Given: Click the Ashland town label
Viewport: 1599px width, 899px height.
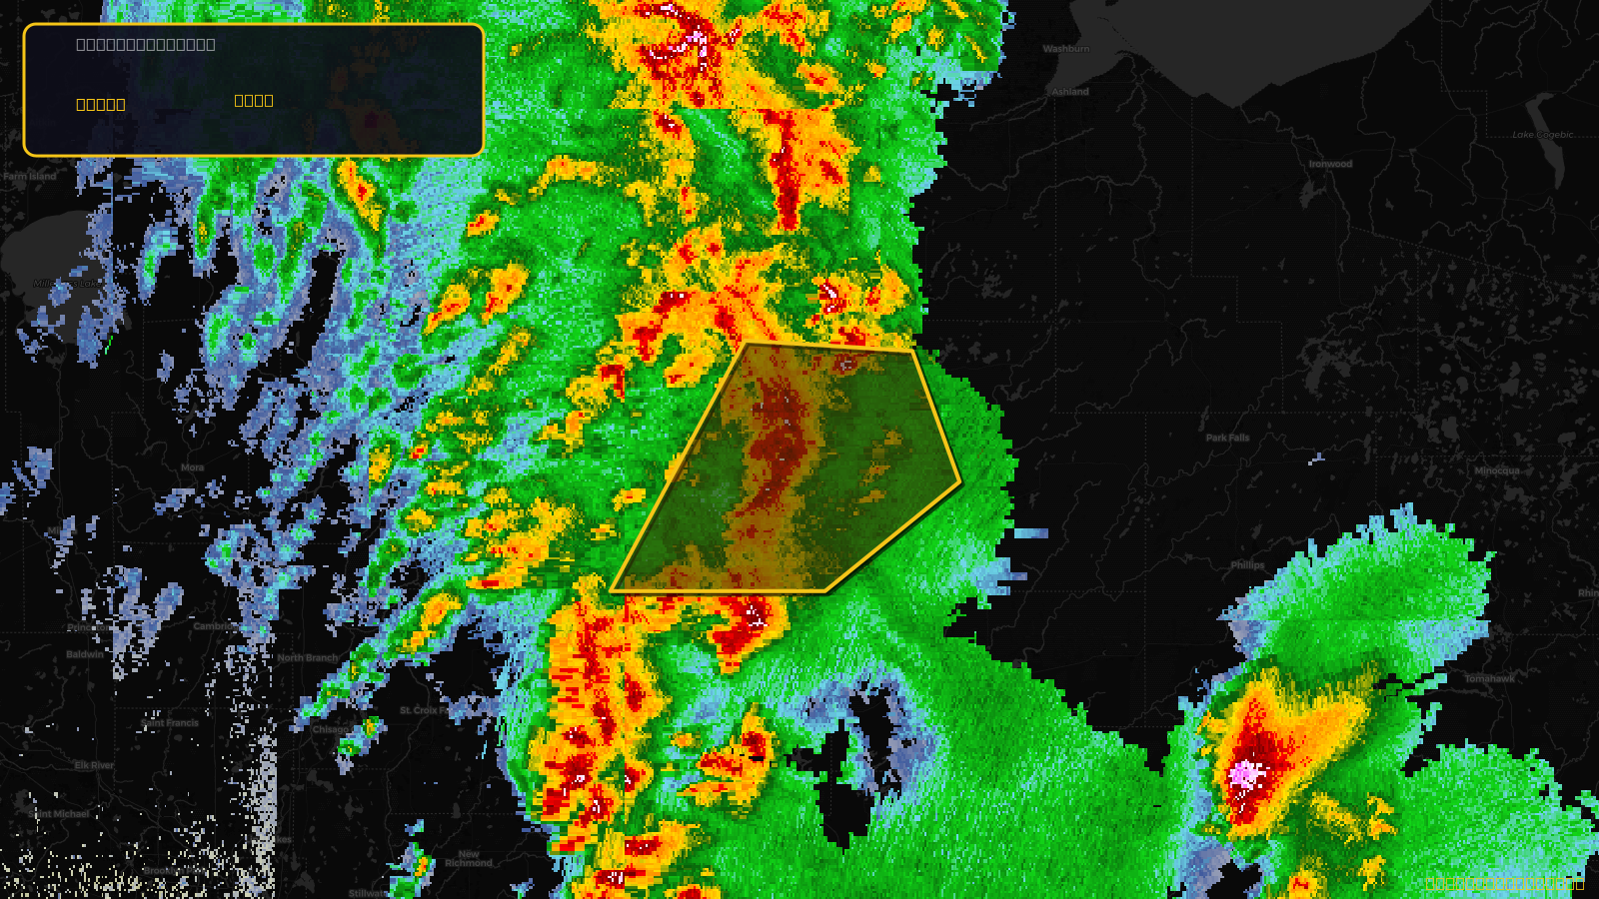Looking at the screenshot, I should tap(1069, 92).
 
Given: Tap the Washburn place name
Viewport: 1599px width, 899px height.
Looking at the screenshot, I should tap(1066, 49).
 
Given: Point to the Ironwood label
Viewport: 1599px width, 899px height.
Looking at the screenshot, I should tap(1330, 164).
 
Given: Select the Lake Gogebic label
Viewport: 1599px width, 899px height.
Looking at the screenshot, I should tap(1542, 135).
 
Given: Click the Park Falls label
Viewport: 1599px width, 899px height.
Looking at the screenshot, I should tap(1227, 438).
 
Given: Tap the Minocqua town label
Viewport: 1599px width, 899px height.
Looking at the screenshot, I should tap(1496, 470).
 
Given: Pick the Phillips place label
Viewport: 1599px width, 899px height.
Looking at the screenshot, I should tap(1247, 565).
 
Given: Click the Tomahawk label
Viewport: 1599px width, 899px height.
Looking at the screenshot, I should tap(1489, 678).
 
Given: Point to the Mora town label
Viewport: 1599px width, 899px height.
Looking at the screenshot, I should tap(193, 467).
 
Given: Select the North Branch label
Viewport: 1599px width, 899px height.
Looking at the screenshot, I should tap(308, 658).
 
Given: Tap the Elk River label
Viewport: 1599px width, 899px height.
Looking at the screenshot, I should tap(94, 765).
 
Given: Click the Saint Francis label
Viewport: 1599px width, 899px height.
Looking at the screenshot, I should tap(170, 722).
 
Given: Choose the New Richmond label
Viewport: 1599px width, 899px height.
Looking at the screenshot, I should tap(469, 858).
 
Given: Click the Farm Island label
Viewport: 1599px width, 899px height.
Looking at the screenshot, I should tap(30, 177).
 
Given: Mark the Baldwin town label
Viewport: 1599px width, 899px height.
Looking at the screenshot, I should tap(85, 654).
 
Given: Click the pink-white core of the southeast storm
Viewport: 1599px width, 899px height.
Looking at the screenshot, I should tap(1244, 773).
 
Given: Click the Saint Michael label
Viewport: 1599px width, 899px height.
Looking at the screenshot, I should tap(62, 814).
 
